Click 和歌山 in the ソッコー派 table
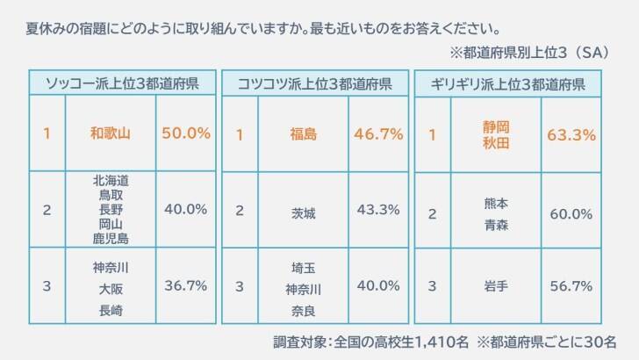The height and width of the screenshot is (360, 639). pos(111,133)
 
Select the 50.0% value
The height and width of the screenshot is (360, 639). pos(186,133)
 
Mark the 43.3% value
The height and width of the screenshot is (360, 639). pos(378,210)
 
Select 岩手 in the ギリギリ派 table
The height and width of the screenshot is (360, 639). pos(496,286)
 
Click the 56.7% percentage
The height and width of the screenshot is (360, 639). pos(571,286)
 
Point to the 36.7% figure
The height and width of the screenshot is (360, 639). pos(186,286)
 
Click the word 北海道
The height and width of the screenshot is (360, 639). pos(111,180)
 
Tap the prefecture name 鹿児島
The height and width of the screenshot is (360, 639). pos(111,238)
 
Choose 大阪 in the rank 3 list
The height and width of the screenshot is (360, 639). pos(111,287)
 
